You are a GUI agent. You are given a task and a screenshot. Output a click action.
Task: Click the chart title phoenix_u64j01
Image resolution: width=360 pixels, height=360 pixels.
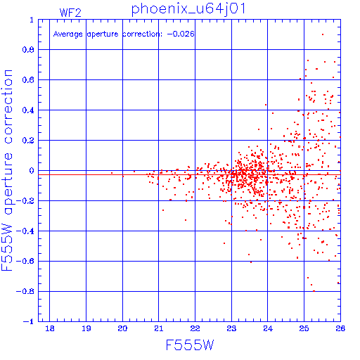click(188, 9)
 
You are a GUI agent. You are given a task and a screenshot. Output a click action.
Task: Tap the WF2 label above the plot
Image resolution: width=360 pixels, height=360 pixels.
click(70, 13)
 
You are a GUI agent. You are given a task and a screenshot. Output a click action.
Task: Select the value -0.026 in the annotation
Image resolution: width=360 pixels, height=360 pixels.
click(181, 34)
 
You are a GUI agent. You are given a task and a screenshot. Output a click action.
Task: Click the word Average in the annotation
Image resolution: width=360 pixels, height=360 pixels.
click(67, 34)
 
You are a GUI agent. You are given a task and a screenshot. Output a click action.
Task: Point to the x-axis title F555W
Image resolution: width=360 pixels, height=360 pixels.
click(190, 345)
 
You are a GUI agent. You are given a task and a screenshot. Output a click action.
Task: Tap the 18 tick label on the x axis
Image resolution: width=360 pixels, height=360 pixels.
click(50, 328)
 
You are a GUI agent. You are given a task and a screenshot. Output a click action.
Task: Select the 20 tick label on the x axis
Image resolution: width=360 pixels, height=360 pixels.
click(122, 328)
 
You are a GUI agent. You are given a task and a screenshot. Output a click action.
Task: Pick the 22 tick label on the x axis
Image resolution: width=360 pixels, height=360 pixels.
click(195, 328)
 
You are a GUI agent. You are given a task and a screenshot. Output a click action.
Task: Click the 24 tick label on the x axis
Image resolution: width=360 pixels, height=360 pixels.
click(268, 328)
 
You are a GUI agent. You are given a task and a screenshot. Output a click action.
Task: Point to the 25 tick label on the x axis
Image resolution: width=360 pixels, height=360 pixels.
click(304, 328)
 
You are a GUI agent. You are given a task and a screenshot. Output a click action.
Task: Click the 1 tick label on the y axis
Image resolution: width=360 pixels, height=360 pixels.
click(32, 20)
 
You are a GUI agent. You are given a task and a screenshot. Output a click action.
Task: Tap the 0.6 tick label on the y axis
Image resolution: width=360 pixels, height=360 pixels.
click(28, 80)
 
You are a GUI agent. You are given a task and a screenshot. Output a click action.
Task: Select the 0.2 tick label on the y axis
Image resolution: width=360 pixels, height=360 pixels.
click(28, 141)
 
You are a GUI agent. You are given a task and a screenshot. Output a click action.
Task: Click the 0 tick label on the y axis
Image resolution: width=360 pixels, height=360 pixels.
click(32, 171)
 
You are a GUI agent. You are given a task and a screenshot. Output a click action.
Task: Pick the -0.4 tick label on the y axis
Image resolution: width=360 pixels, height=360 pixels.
click(25, 231)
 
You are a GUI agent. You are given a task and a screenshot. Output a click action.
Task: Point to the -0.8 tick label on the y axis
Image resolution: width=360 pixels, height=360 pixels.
click(25, 291)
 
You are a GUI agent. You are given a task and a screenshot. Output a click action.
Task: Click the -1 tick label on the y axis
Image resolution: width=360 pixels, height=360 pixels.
click(28, 321)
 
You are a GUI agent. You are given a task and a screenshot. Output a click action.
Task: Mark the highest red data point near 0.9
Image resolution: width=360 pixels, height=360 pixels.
click(323, 34)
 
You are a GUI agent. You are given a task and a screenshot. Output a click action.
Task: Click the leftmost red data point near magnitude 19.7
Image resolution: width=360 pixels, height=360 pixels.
click(112, 173)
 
